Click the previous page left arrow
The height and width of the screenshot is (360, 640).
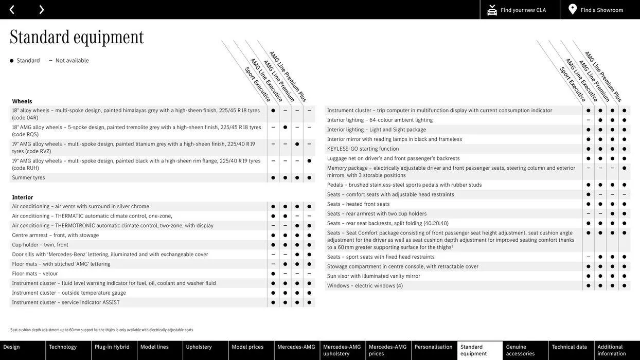pos(12,9)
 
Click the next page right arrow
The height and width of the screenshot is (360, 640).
pos(41,9)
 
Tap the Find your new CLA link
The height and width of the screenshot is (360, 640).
pos(517,10)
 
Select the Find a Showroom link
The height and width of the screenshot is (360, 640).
pos(596,10)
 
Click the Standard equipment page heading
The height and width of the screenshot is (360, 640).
pos(77,37)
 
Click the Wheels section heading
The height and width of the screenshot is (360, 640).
pos(22,101)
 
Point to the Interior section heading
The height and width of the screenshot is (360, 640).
pos(23,197)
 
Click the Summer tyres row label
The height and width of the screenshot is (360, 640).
pos(29,177)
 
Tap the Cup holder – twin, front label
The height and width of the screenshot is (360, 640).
pos(40,245)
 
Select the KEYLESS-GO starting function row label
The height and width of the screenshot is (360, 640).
pos(363,149)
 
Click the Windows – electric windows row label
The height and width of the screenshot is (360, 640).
pos(365,285)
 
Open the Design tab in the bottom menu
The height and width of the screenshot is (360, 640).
pos(12,347)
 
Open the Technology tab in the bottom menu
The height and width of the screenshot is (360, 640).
pos(63,347)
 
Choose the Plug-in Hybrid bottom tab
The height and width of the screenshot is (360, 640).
pos(112,347)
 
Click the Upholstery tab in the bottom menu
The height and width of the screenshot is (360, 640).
pos(199,347)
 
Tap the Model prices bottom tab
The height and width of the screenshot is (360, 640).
pos(247,347)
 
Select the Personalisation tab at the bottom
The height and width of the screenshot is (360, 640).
pos(434,347)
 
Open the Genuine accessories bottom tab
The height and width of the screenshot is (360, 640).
pos(521,350)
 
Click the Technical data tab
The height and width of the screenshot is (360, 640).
pos(570,347)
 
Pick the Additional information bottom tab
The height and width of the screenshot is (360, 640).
pos(612,350)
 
